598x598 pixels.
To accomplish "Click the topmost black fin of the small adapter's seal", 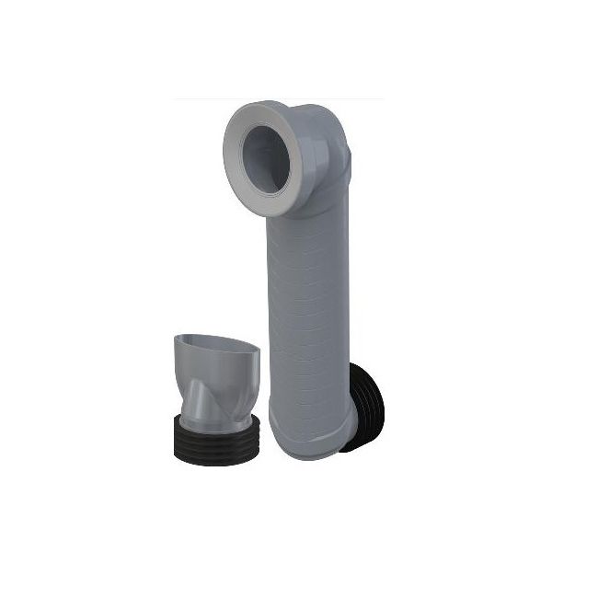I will (x=217, y=425).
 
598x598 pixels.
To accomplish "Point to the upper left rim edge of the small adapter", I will (x=180, y=339).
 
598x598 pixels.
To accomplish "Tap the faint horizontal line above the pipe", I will (x=276, y=98).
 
